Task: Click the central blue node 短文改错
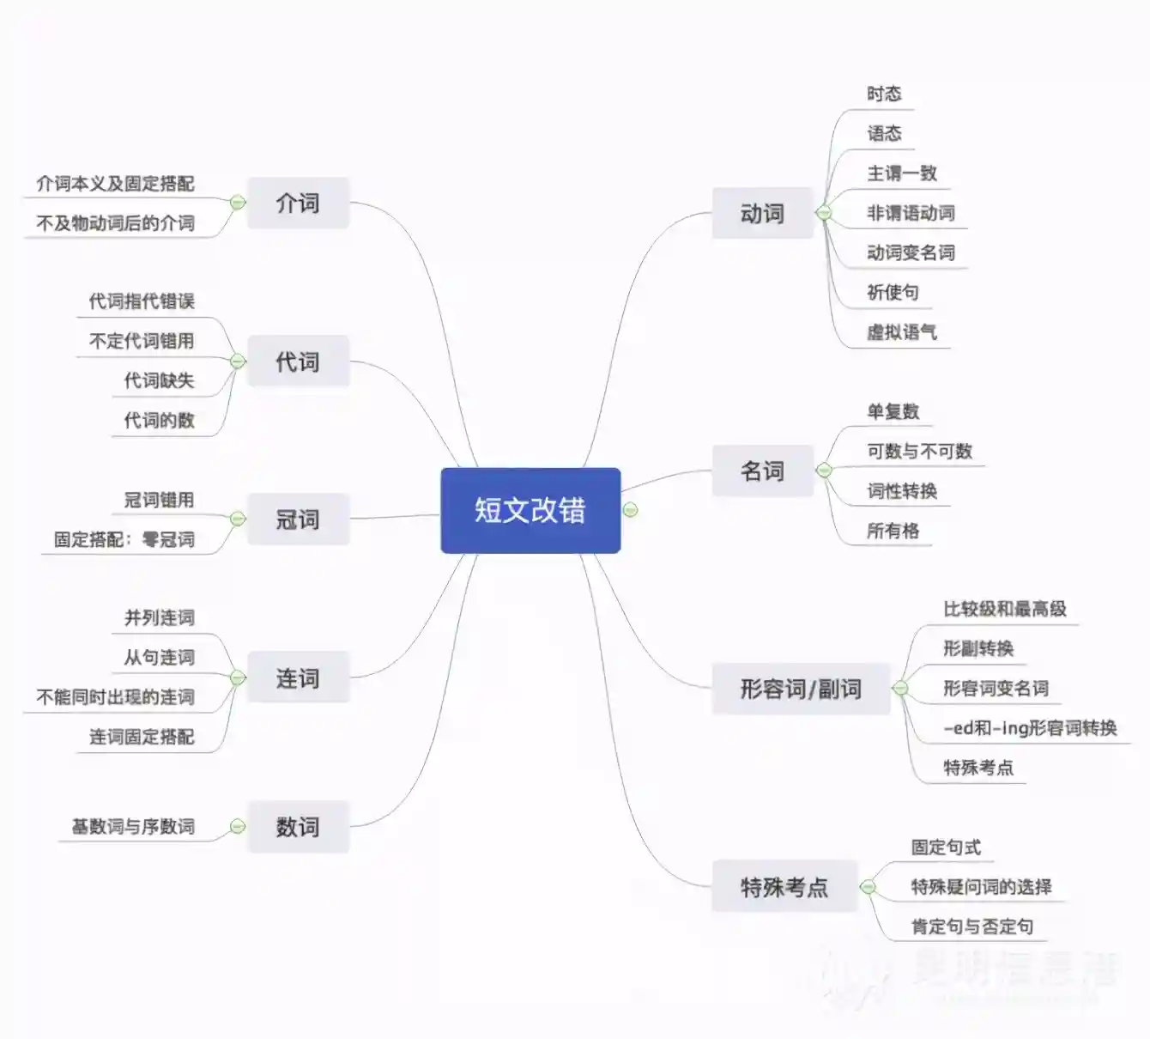click(x=530, y=510)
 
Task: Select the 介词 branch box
click(x=298, y=204)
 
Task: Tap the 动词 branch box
click(x=762, y=213)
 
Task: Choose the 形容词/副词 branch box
click(x=801, y=689)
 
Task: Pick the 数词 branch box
click(x=298, y=827)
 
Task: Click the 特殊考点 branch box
click(x=784, y=886)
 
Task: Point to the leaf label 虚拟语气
click(x=901, y=332)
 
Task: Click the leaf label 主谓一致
click(x=901, y=173)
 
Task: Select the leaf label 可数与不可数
click(x=919, y=451)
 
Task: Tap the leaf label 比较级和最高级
click(x=1004, y=609)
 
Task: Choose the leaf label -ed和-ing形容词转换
click(x=1030, y=728)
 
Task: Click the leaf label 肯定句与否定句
click(x=971, y=927)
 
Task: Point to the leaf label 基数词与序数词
click(x=133, y=826)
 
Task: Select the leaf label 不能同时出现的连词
click(x=115, y=696)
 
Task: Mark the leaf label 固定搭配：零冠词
click(x=124, y=539)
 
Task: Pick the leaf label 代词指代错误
click(x=142, y=301)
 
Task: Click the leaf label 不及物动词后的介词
click(x=115, y=223)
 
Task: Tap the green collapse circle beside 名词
click(x=824, y=471)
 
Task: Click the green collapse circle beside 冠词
click(x=238, y=519)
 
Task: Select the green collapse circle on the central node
click(x=631, y=510)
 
